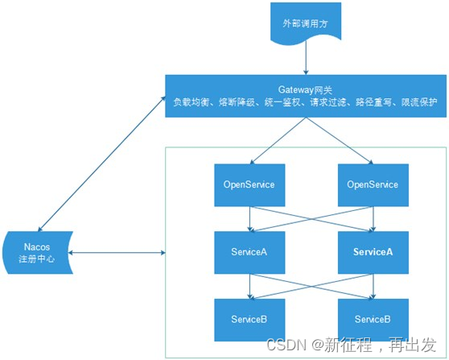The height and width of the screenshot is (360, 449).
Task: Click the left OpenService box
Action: (x=249, y=185)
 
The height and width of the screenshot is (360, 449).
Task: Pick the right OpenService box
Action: (x=372, y=185)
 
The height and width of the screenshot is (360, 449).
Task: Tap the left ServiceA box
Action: (x=249, y=252)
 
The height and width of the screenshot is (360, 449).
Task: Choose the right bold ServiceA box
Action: (x=372, y=252)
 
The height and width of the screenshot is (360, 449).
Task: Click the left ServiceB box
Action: (x=249, y=319)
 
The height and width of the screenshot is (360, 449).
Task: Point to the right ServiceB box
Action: (x=372, y=319)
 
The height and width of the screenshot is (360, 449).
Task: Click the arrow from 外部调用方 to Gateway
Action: (x=305, y=59)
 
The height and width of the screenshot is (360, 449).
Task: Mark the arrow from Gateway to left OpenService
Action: (x=278, y=140)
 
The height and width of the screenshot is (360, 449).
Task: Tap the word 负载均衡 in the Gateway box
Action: (x=189, y=103)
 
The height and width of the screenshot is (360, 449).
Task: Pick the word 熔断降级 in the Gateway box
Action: (x=235, y=103)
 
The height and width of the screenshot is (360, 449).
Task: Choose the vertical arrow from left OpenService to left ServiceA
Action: (x=249, y=218)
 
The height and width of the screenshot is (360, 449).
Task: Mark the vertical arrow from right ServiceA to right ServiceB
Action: (x=372, y=285)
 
